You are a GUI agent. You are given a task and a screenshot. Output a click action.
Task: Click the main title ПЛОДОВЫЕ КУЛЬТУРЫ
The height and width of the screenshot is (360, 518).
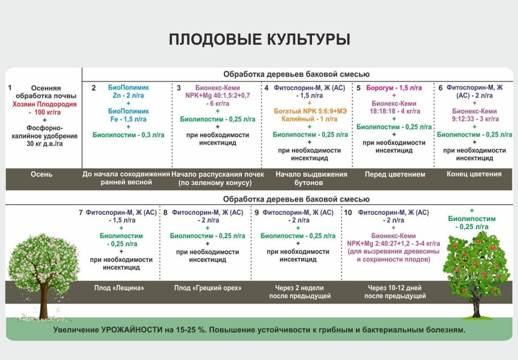pyautogui.click(x=259, y=40)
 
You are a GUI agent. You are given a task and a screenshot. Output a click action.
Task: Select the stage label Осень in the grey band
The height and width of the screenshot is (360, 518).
pyautogui.click(x=42, y=174)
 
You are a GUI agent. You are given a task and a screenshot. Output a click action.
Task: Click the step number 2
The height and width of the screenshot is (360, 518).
pyautogui.click(x=94, y=88)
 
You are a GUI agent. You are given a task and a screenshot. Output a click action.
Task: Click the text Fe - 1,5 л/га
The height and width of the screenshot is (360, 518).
pyautogui.click(x=128, y=119)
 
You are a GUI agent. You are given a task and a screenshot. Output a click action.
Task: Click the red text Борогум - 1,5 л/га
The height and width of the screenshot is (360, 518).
pyautogui.click(x=394, y=88)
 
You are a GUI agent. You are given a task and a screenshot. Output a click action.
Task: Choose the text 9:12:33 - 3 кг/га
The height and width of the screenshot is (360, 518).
pyautogui.click(x=475, y=119)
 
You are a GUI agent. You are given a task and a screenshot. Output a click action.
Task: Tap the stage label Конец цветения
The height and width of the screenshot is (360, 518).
pyautogui.click(x=474, y=174)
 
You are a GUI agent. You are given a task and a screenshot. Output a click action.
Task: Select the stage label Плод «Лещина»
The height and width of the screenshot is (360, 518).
pyautogui.click(x=119, y=288)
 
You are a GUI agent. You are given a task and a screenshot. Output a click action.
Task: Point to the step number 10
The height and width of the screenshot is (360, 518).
pyautogui.click(x=348, y=212)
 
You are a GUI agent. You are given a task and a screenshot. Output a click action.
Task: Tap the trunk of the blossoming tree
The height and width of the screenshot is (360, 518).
pyautogui.click(x=44, y=305)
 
